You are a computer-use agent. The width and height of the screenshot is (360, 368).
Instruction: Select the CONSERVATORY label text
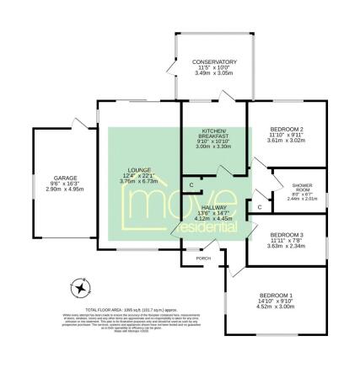click(213, 62)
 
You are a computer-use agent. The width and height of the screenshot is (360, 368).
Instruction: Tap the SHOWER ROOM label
click(302, 187)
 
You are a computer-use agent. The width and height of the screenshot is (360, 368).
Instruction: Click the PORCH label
click(202, 259)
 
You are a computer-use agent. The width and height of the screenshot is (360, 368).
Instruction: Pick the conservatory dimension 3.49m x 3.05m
click(213, 74)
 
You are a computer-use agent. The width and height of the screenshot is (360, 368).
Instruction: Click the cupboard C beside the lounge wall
click(192, 184)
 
